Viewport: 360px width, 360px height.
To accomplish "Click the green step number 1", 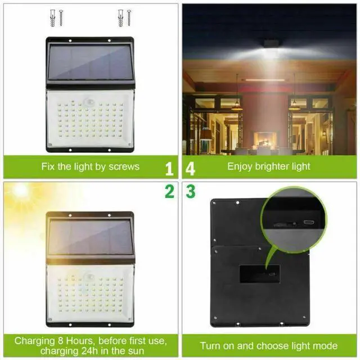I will coord(169,168).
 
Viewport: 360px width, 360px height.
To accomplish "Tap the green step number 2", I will coord(169,192).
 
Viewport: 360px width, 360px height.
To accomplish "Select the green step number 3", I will coord(191,192).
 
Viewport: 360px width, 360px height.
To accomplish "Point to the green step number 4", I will coord(191,168).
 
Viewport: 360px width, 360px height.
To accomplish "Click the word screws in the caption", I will coord(124,166).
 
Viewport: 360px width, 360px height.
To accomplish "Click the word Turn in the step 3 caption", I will coord(210,346).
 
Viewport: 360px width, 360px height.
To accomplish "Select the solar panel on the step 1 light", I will coord(90,63).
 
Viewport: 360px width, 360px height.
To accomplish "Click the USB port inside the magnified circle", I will coord(308,222).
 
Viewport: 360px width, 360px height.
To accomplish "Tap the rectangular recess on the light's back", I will coord(259,274).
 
